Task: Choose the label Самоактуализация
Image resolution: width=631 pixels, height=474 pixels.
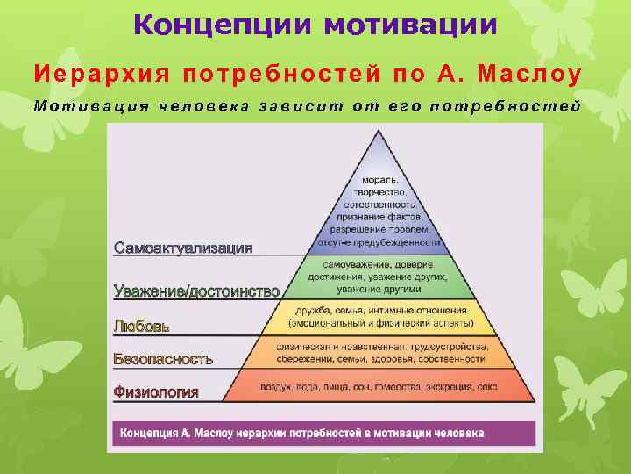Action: (183, 248)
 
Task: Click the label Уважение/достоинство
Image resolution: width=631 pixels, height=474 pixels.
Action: (197, 291)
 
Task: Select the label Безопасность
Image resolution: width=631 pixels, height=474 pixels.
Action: (163, 358)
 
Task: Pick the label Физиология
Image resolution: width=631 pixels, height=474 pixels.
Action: (156, 391)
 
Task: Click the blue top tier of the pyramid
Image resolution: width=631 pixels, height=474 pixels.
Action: (379, 211)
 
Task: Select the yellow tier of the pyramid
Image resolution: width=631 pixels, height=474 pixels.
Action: (379, 317)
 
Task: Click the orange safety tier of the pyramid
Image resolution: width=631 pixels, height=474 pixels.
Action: (379, 352)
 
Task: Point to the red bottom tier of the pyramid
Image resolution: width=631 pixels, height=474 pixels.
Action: (379, 386)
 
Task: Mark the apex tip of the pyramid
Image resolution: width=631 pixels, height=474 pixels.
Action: (379, 132)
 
